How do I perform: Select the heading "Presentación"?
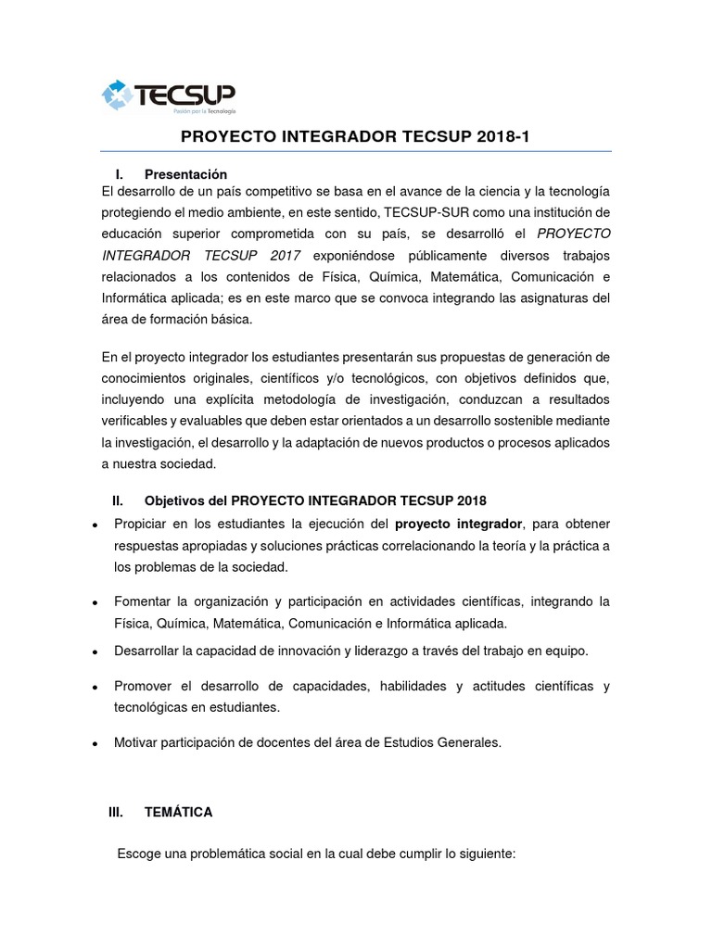185,174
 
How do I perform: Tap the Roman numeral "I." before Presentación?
120,174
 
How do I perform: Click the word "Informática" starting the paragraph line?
134,297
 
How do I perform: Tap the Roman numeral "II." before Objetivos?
118,501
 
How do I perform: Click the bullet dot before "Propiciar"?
96,525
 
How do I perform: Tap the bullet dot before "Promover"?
96,689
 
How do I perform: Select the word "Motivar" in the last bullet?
137,742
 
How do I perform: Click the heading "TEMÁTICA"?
179,812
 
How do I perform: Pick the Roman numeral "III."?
116,812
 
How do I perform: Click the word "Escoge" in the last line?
139,853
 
